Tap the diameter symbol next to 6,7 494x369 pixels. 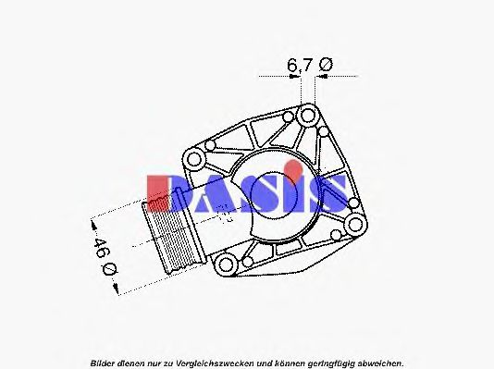click(x=325, y=64)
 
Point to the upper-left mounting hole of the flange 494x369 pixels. click(x=211, y=146)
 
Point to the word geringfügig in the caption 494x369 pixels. click(x=327, y=362)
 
